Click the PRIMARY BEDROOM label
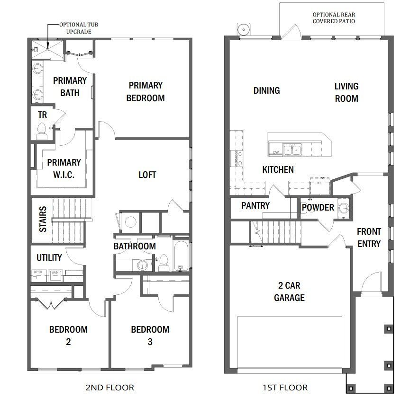pos(146,92)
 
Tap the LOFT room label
pos(147,175)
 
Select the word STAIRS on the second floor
pos(43,219)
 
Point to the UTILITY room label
pos(49,257)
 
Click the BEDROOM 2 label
pos(68,335)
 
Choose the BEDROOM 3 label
pos(150,335)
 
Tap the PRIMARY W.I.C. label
pos(64,168)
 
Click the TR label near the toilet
pos(42,114)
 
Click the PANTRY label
pos(255,205)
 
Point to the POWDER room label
pos(318,207)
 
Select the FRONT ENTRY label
pos(369,238)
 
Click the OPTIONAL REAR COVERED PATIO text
pos(334,18)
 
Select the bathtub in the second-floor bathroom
pos(180,255)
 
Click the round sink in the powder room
pos(343,208)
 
